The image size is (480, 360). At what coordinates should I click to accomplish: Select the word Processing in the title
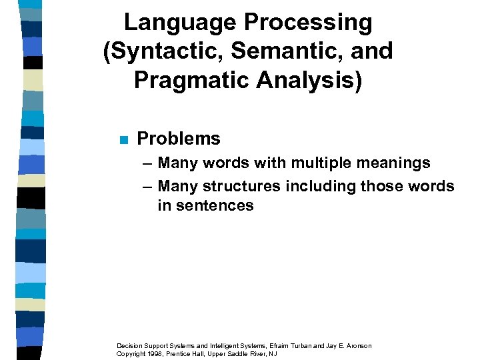[x=308, y=23]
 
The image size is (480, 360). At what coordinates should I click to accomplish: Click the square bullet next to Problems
[x=122, y=139]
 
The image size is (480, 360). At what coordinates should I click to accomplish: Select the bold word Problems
[x=178, y=139]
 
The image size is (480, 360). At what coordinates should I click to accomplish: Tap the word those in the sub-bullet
[x=379, y=186]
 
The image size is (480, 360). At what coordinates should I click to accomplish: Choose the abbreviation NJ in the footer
[x=272, y=353]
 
